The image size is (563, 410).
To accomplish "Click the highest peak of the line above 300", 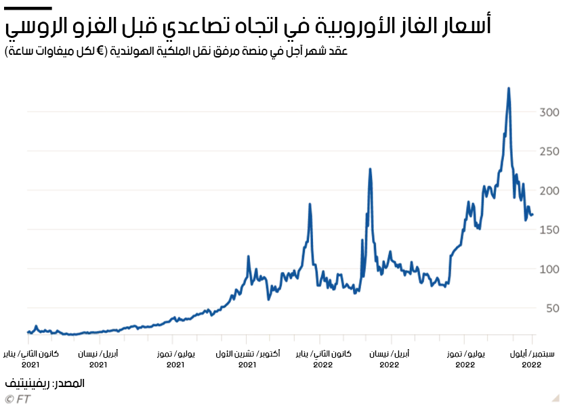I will click(508, 88).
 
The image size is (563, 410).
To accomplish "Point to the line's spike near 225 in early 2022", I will click(370, 168).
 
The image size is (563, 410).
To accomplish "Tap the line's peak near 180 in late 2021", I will click(310, 204).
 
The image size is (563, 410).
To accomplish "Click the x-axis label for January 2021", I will click(31, 359).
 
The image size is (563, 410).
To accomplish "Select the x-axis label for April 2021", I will click(98, 359).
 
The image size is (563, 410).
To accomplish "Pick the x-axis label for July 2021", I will click(175, 359).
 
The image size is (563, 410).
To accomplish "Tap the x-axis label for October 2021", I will click(247, 359).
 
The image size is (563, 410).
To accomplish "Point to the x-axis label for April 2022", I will click(389, 359).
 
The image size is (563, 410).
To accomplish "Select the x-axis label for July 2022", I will click(465, 359).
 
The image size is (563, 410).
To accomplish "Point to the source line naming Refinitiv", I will click(45, 383).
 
